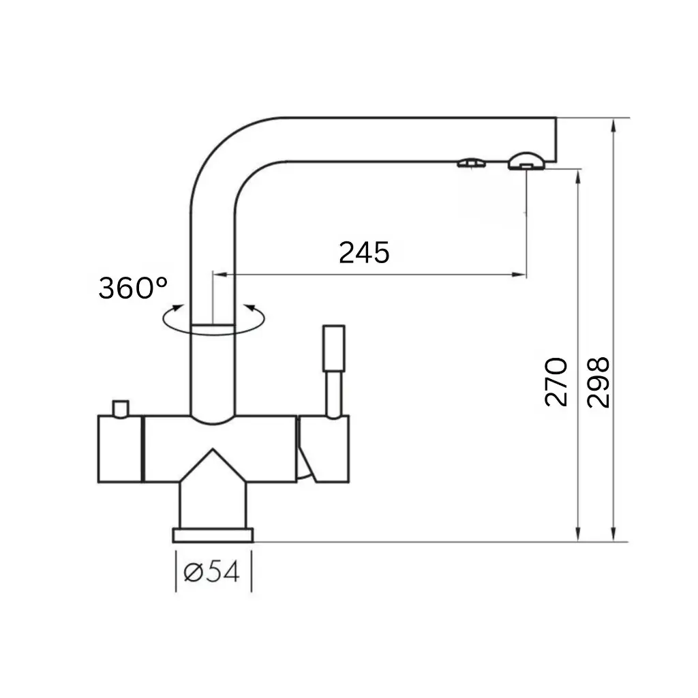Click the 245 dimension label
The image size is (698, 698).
[x=364, y=252]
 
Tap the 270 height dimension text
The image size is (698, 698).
[x=557, y=382]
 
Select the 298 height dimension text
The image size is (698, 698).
[x=598, y=382]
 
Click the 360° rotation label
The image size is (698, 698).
[x=133, y=288]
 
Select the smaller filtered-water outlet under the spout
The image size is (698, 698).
[x=470, y=163]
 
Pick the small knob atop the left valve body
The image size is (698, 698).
[x=121, y=408]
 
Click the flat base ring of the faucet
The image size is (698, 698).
[x=213, y=535]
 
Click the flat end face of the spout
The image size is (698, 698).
[x=556, y=140]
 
